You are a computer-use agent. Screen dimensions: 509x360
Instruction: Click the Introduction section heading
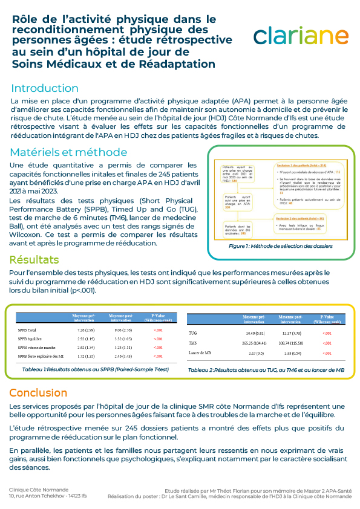click(x=45, y=88)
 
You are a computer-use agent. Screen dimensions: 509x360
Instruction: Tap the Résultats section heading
click(x=34, y=260)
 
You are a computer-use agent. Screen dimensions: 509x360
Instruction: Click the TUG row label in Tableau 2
click(x=194, y=333)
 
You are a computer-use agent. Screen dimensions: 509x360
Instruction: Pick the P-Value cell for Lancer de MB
click(x=327, y=352)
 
